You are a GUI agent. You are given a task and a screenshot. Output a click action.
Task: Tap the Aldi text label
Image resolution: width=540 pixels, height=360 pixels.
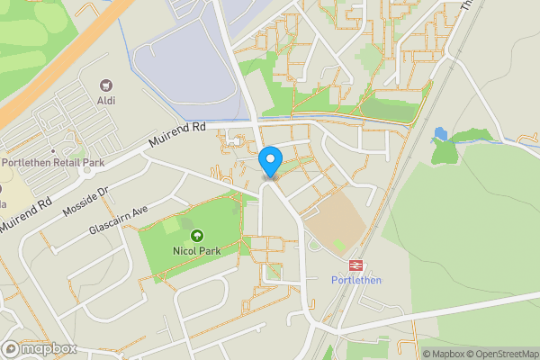point(106,100)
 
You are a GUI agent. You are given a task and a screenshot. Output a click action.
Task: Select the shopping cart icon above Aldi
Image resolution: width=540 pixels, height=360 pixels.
point(106,85)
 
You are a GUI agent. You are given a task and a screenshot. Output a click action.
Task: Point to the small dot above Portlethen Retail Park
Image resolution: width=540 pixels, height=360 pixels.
point(53,152)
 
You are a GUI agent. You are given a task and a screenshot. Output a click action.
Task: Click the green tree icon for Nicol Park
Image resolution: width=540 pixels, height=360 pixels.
point(197,235)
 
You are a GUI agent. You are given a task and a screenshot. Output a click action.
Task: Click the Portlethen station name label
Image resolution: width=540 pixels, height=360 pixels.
point(356,280)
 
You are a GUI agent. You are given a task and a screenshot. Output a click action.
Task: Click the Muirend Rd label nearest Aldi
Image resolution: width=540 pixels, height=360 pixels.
point(176,136)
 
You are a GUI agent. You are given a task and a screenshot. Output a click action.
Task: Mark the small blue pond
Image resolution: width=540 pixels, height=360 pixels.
point(440,134)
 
